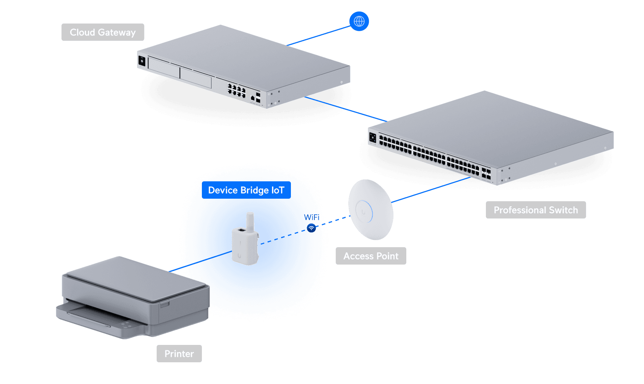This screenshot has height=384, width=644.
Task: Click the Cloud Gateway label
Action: pyautogui.click(x=103, y=32)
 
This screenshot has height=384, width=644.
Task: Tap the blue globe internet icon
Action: pyautogui.click(x=359, y=21)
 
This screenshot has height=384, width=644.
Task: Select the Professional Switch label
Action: pyautogui.click(x=535, y=210)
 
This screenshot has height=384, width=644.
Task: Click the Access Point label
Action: pyautogui.click(x=371, y=256)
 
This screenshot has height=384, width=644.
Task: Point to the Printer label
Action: pyautogui.click(x=179, y=354)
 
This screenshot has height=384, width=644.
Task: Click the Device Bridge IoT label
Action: pyautogui.click(x=246, y=190)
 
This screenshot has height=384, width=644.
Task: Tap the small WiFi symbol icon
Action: pyautogui.click(x=311, y=228)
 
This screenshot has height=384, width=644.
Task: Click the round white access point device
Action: pyautogui.click(x=370, y=210)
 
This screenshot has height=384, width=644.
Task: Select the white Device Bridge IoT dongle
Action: pyautogui.click(x=244, y=246)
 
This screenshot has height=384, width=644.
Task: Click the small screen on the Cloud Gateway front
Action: pyautogui.click(x=142, y=61)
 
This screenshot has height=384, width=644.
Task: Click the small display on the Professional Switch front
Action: pyautogui.click(x=373, y=138)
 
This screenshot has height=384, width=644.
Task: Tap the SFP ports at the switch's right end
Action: pyautogui.click(x=486, y=174)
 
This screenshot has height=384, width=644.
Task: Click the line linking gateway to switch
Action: pyautogui.click(x=344, y=108)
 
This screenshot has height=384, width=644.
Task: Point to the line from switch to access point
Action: pyautogui.click(x=431, y=189)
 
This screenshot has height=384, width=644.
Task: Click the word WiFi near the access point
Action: pyautogui.click(x=311, y=217)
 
